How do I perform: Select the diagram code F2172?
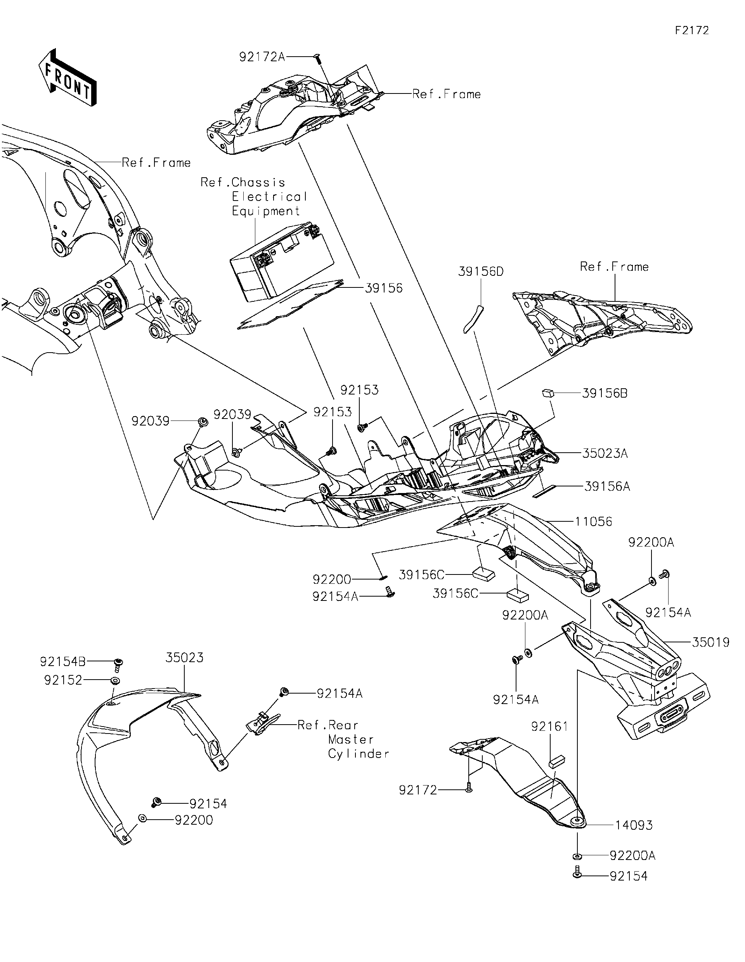(x=692, y=30)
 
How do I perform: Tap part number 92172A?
(x=262, y=57)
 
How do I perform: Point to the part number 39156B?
(x=605, y=393)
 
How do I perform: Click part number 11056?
(x=593, y=521)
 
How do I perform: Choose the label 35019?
(x=710, y=642)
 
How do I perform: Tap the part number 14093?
(x=634, y=825)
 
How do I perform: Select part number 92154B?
(x=62, y=662)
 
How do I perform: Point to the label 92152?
(x=63, y=680)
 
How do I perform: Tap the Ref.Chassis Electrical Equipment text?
(x=253, y=196)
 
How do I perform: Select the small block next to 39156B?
(x=547, y=392)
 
